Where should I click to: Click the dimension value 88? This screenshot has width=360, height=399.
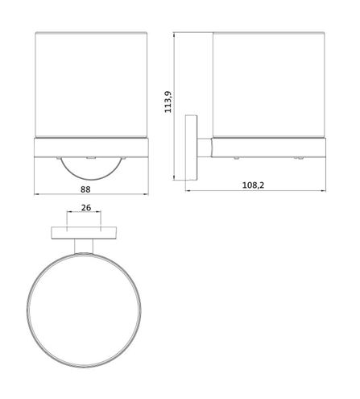pyautogui.click(x=85, y=189)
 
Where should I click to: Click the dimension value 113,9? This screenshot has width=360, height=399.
pyautogui.click(x=168, y=102)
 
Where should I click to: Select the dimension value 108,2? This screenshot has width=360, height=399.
pyautogui.click(x=253, y=185)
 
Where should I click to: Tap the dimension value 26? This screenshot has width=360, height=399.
pyautogui.click(x=86, y=207)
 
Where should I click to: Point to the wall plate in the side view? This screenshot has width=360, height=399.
pyautogui.click(x=191, y=148)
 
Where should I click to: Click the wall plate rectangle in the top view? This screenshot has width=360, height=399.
pyautogui.click(x=84, y=233)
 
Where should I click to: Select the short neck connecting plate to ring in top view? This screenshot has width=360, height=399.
pyautogui.click(x=84, y=246)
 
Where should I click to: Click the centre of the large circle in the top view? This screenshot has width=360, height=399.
pyautogui.click(x=84, y=310)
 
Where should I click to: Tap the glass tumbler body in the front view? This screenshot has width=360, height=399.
pyautogui.click(x=91, y=85)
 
